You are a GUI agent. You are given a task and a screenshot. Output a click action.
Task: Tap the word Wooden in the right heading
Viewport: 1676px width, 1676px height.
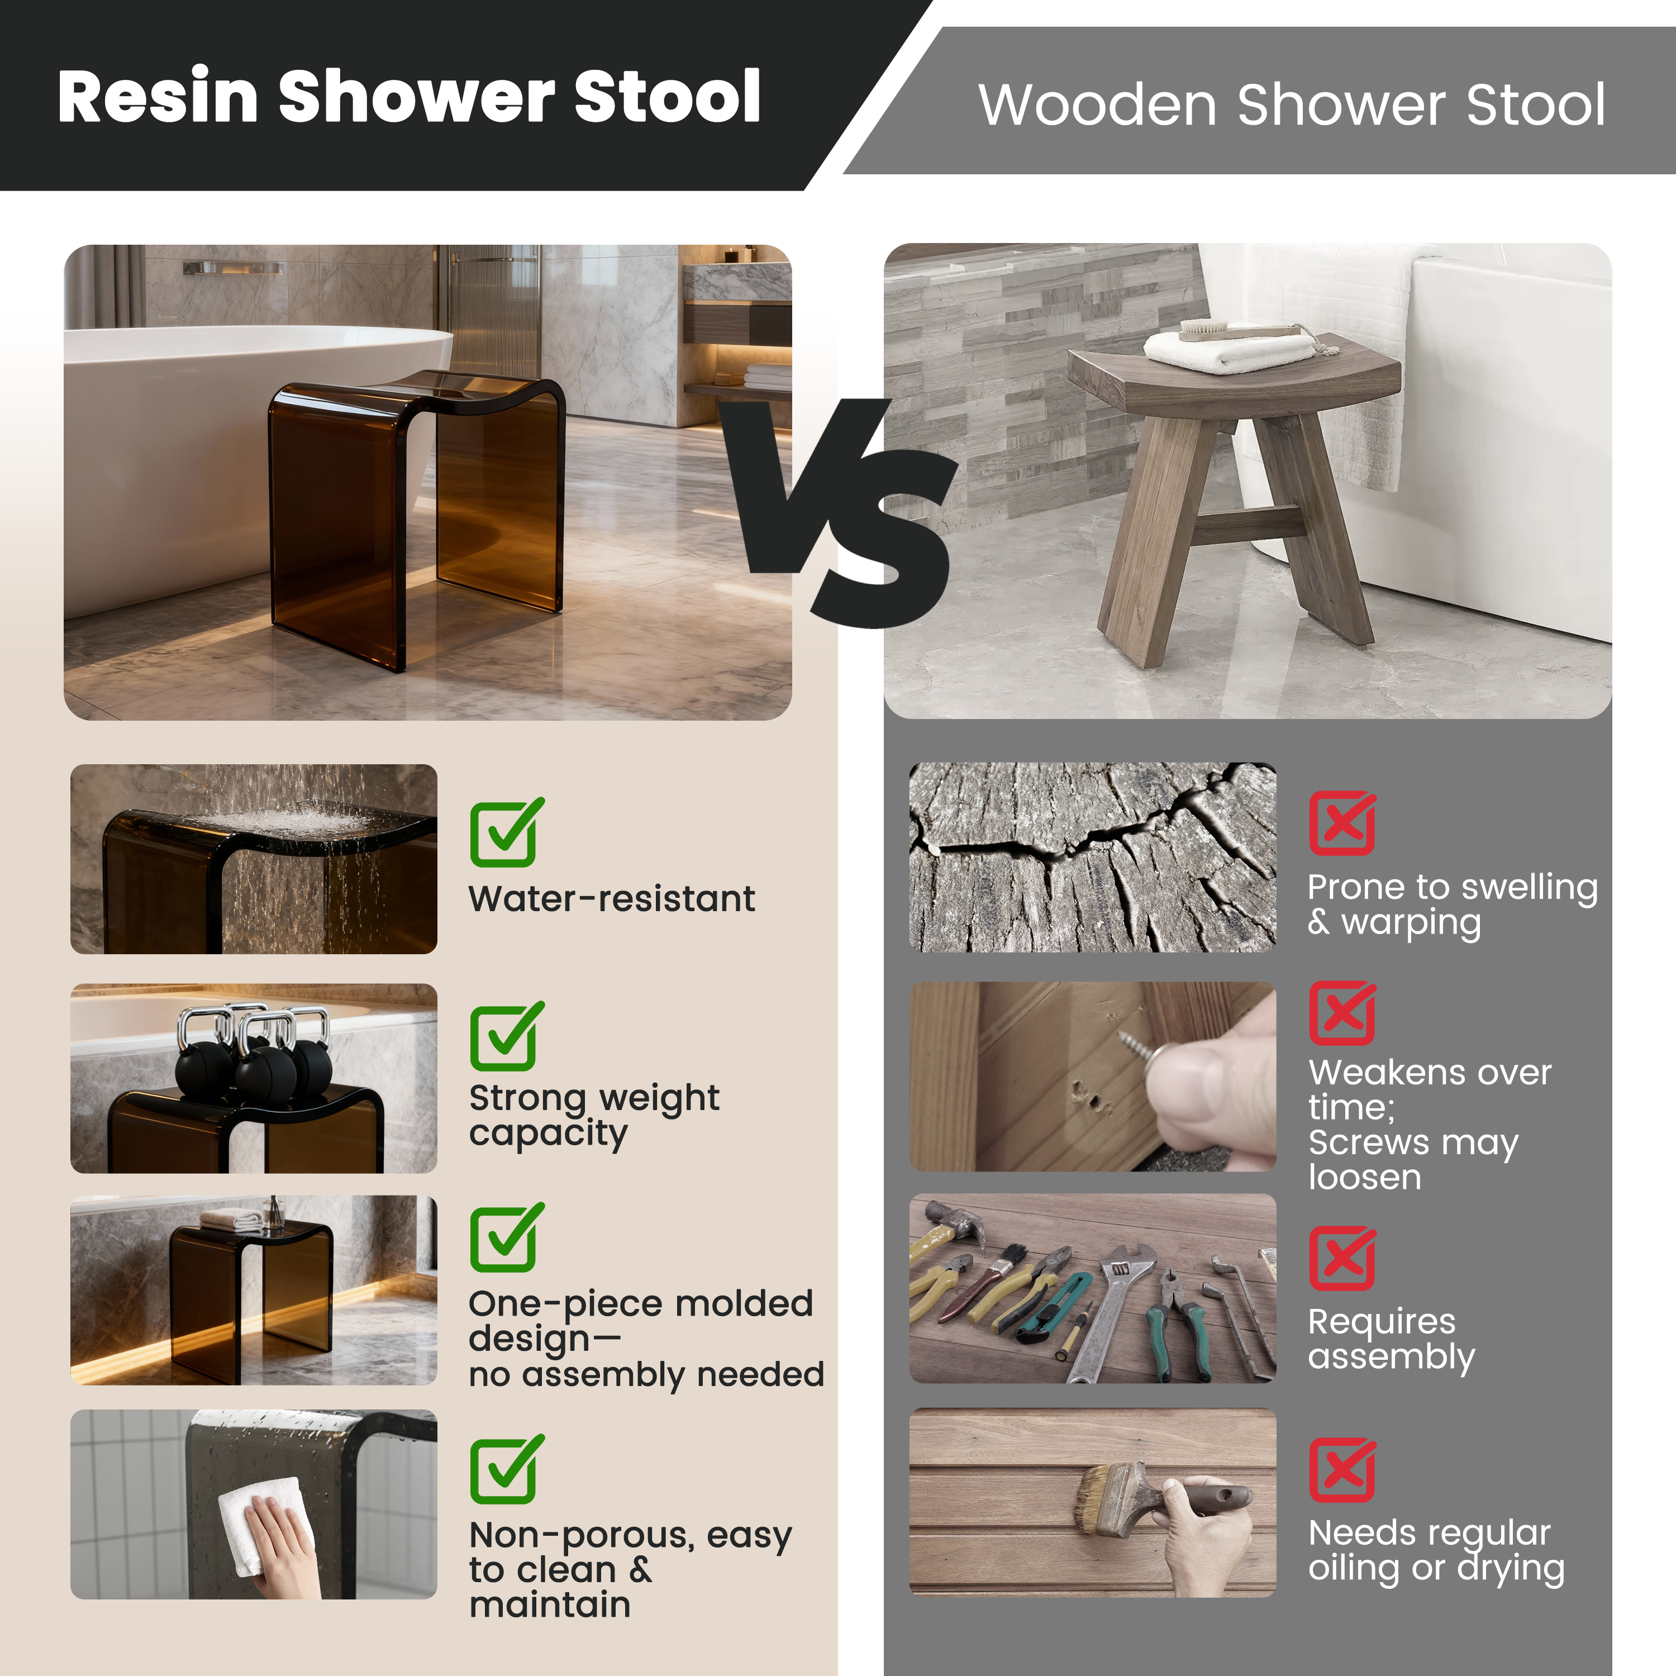pos(1097,106)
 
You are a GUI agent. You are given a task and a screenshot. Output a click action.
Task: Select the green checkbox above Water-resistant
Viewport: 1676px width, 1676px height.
pos(505,833)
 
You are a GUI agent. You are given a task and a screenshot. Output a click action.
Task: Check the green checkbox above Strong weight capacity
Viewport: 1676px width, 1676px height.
pos(505,1037)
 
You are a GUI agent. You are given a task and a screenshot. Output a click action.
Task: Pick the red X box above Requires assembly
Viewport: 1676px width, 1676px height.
pos(1342,1258)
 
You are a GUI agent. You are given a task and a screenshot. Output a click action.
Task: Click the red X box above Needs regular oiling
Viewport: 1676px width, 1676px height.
pos(1342,1469)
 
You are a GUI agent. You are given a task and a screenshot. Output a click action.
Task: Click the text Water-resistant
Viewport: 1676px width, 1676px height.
pos(612,899)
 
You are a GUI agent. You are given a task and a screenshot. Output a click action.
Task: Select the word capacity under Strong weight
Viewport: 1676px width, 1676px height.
pos(548,1134)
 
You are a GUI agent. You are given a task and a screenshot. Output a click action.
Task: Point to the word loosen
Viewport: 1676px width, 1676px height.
pos(1365,1177)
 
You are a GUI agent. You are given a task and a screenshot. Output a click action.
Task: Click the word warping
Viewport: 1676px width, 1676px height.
pos(1411,922)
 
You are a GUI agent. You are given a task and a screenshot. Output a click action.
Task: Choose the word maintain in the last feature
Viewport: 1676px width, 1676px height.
pos(550,1605)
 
